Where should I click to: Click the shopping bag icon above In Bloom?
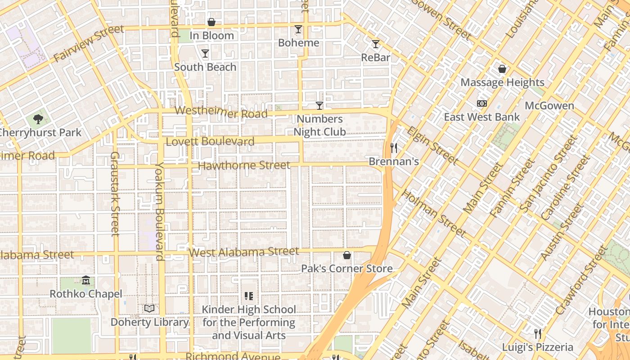pos(211,22)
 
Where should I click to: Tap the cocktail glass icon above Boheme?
pos(298,30)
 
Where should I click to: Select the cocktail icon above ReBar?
pos(376,44)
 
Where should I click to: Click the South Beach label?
pos(205,67)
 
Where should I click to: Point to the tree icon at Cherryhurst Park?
pos(38,119)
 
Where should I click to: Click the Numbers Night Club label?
pos(319,126)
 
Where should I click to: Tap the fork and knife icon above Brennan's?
pos(394,148)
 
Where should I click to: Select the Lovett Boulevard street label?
pos(210,142)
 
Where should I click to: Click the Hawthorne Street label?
pos(244,166)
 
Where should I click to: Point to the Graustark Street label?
pos(115,193)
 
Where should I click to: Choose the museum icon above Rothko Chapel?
pos(86,281)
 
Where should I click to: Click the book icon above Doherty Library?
pos(149,308)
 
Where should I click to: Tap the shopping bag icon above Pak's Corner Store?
pos(347,256)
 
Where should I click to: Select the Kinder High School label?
pos(249,323)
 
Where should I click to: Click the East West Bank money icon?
pos(482,103)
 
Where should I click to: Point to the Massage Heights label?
pos(502,82)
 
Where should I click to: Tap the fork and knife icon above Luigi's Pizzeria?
pos(538,334)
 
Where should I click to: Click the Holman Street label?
pos(433,213)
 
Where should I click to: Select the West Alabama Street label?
pos(244,252)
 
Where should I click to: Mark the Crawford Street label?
pos(581,281)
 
